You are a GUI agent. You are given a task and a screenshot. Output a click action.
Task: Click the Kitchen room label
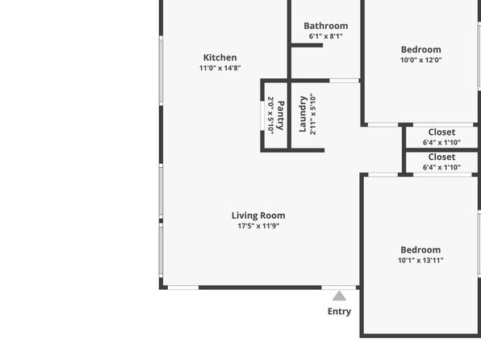(220, 57)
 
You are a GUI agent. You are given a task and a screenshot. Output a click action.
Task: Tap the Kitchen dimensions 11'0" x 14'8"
(220, 68)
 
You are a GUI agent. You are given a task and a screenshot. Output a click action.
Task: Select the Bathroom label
(326, 26)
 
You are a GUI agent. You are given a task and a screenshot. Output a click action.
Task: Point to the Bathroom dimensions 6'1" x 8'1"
(326, 36)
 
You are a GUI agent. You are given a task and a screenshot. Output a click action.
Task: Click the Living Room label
(258, 216)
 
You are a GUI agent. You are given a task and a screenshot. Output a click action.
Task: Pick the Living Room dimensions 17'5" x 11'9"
(258, 226)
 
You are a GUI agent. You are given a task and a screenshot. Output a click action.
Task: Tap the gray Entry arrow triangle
(339, 296)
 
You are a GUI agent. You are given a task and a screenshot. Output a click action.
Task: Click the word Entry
(339, 312)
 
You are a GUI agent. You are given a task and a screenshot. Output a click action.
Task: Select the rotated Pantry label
(280, 115)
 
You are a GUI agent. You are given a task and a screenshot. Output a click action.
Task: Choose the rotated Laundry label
(303, 114)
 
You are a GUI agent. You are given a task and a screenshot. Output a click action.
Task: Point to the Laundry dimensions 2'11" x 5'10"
(313, 114)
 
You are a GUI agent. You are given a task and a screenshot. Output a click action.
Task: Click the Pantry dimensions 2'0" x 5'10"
(270, 115)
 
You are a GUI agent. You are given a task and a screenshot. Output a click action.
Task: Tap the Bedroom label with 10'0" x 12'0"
(421, 49)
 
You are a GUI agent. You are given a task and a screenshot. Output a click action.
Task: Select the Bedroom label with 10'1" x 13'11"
(420, 250)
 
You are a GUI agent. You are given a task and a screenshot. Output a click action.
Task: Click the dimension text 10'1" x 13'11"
(420, 260)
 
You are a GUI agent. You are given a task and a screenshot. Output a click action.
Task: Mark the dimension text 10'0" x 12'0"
(421, 60)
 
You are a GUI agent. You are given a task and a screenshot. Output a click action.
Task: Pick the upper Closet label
(441, 132)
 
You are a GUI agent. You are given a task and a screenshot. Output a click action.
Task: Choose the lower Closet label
(441, 157)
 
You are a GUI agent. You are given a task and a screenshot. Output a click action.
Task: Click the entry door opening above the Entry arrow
(339, 287)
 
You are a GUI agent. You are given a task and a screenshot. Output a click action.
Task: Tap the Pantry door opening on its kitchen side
(262, 115)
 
